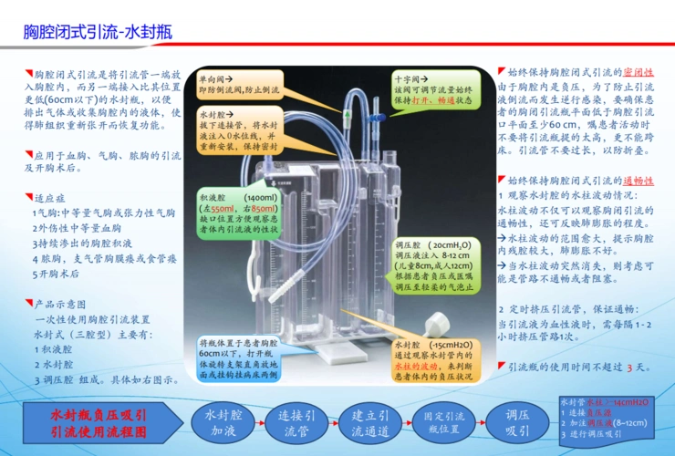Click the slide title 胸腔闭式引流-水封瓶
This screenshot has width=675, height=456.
[98, 33]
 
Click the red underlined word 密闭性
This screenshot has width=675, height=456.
[638, 72]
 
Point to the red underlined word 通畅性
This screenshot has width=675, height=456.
[638, 181]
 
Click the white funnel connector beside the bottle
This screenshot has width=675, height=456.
[440, 324]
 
